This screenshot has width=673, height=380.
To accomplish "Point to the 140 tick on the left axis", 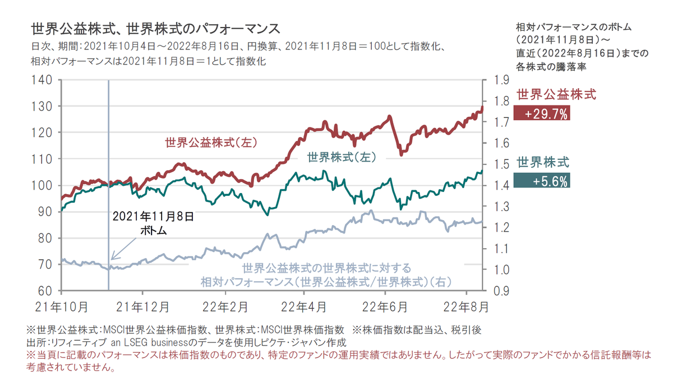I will (x=43, y=80).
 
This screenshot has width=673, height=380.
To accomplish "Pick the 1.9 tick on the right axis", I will (x=501, y=80).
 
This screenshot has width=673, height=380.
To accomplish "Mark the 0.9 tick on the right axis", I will (x=501, y=291).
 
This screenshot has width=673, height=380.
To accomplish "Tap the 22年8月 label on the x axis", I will (x=465, y=307).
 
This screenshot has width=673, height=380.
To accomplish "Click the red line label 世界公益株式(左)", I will (x=210, y=143).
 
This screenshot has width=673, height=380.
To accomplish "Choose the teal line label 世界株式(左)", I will (x=341, y=157).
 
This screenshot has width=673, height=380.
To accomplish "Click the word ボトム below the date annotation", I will (x=154, y=230).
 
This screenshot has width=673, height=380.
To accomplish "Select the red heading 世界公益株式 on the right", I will (x=556, y=94).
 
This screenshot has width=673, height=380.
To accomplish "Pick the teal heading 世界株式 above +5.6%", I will (x=542, y=163).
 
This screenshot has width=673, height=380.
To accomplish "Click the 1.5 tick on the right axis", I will (x=501, y=164).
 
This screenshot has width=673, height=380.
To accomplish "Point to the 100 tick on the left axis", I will (x=43, y=185).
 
